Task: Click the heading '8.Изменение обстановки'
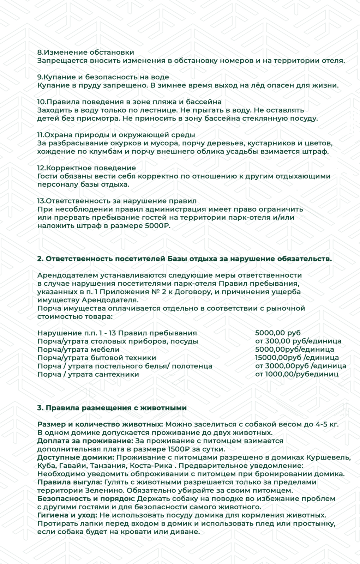[85, 52]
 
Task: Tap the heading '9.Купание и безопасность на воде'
[103, 77]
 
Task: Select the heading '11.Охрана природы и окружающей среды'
[116, 135]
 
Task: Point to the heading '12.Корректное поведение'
[86, 168]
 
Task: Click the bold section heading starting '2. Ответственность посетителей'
[184, 259]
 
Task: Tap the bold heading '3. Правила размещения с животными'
[112, 408]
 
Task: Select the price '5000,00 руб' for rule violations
[278, 333]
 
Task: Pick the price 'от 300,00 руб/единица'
[298, 341]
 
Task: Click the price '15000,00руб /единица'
[296, 358]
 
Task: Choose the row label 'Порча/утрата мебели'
[78, 350]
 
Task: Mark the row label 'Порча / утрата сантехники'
[88, 374]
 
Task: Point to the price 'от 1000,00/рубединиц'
[296, 374]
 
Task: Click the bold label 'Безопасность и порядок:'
[86, 499]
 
